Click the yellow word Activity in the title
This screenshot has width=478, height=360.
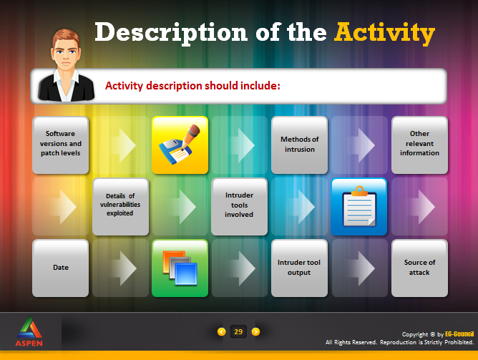click(384, 33)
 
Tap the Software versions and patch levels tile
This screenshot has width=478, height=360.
click(60, 145)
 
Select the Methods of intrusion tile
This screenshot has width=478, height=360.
click(299, 145)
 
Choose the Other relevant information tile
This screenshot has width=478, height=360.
click(419, 145)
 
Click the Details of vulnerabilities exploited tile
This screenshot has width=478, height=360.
click(120, 206)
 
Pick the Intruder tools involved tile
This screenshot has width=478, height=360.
click(239, 206)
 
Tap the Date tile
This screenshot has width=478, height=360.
click(60, 268)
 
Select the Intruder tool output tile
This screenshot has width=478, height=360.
click(299, 268)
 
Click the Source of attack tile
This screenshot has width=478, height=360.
click(419, 268)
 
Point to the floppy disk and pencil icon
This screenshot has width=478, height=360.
click(180, 145)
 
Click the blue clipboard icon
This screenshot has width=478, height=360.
click(359, 206)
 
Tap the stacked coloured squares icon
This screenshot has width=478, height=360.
click(180, 268)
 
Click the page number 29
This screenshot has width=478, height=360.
click(238, 331)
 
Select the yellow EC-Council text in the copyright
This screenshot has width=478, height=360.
click(459, 334)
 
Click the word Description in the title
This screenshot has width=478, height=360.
click(171, 33)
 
